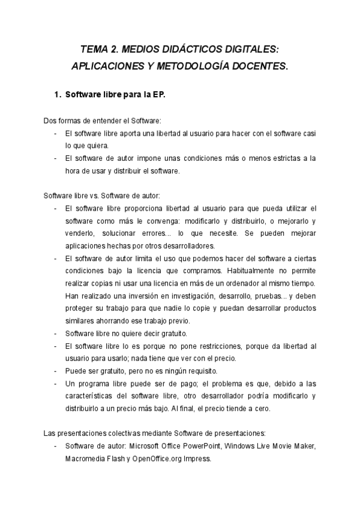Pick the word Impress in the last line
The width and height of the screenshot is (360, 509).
pyautogui.click(x=197, y=459)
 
